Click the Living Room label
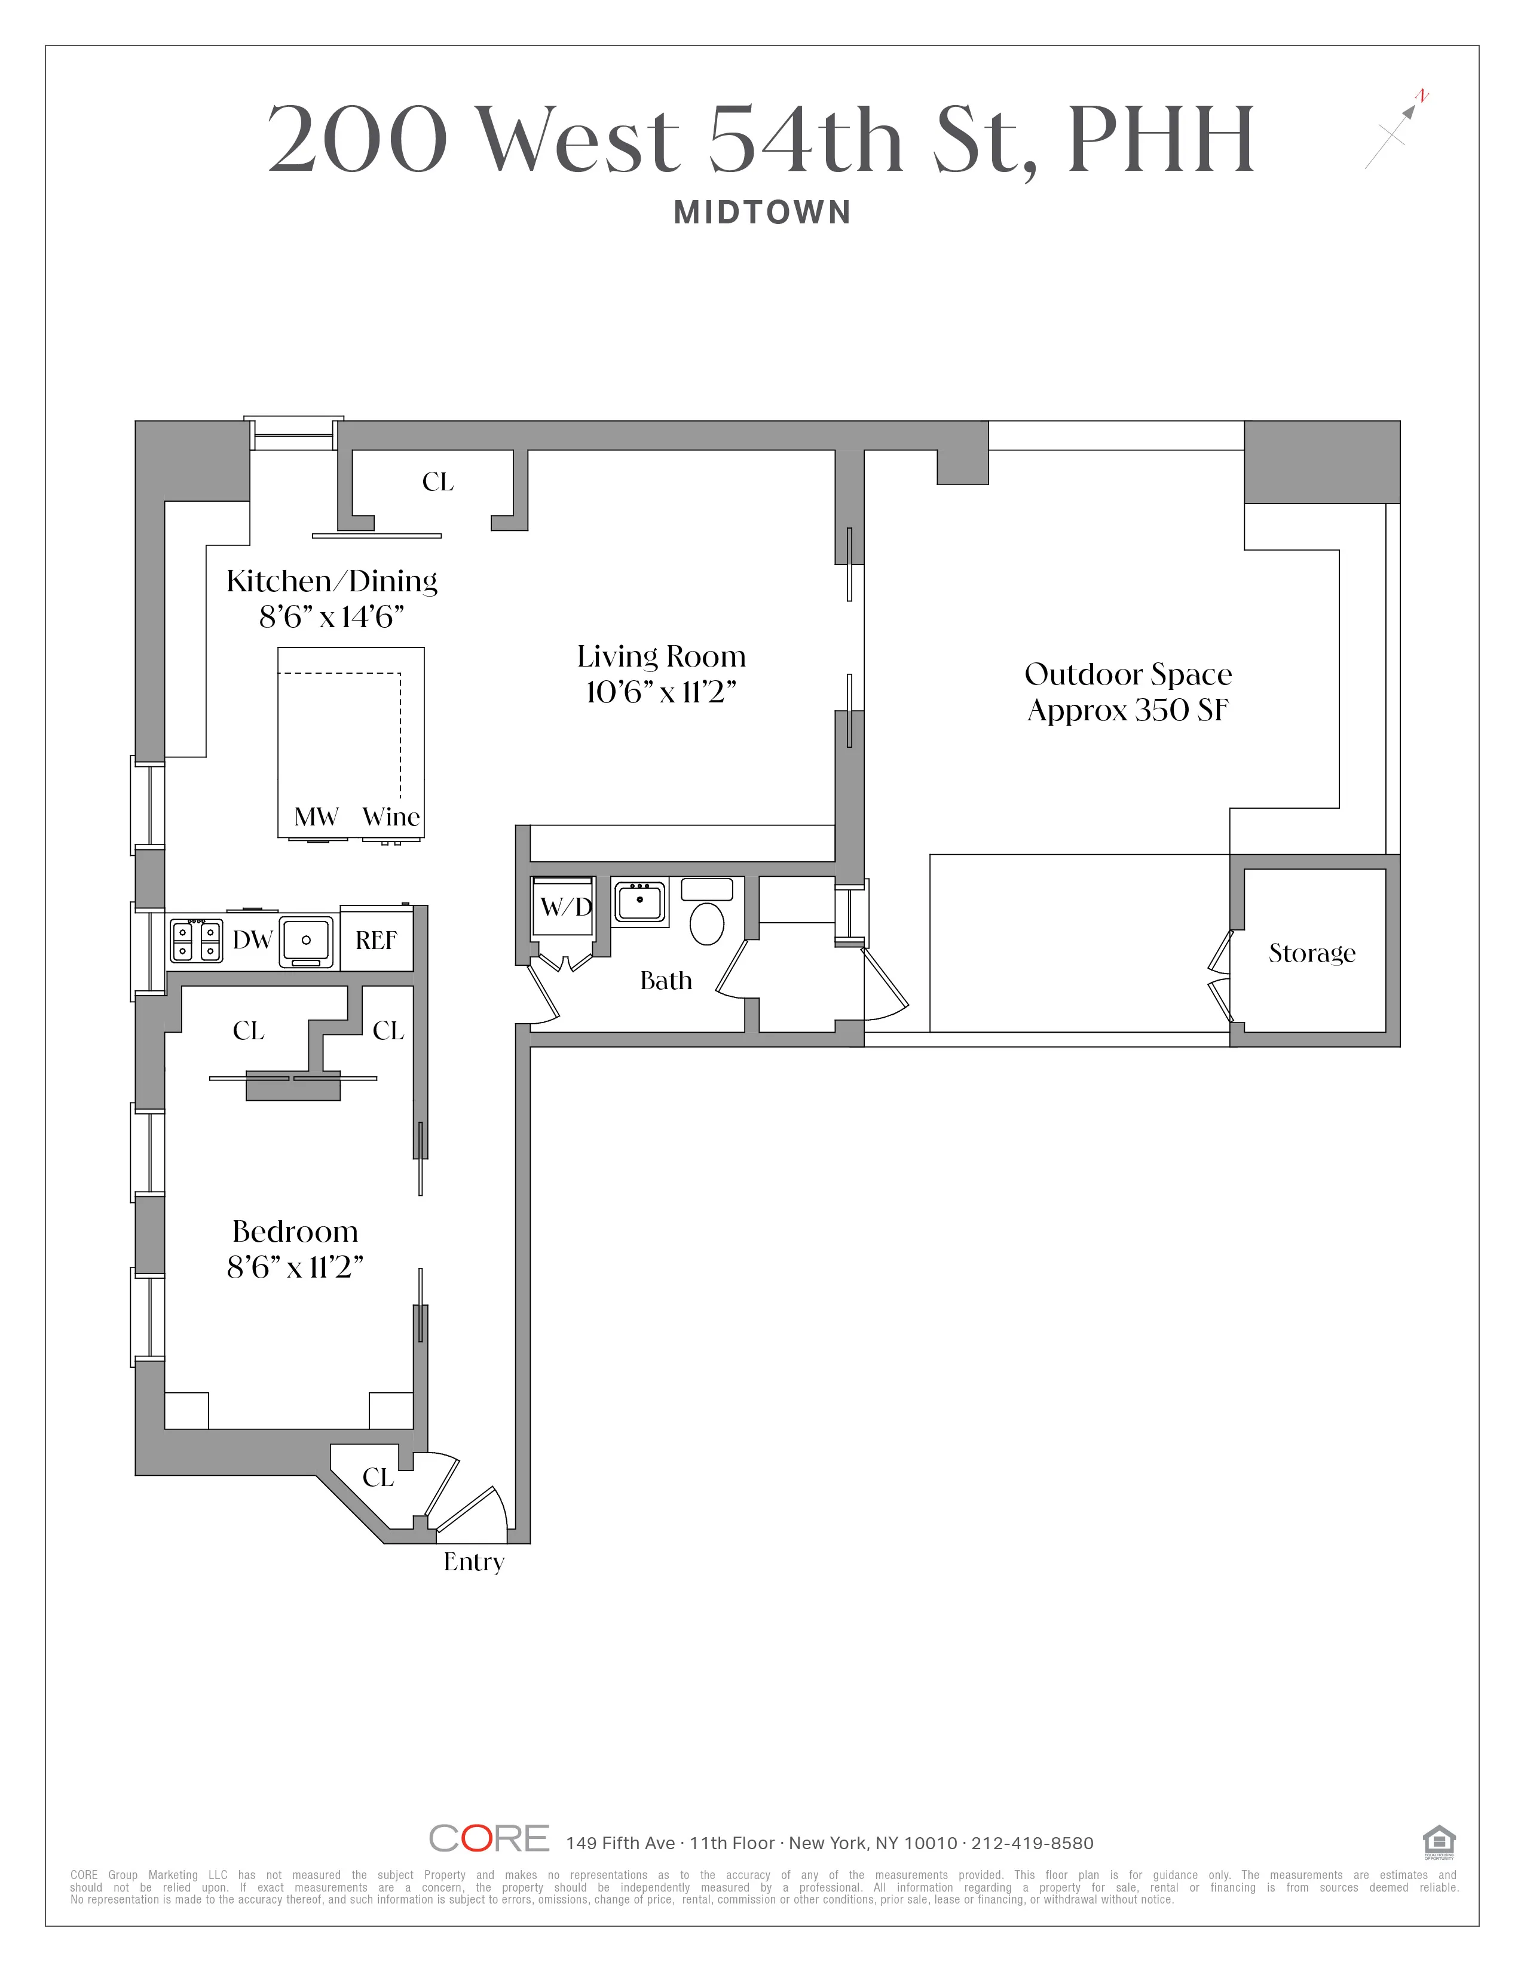tap(661, 656)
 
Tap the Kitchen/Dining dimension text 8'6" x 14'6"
tap(330, 618)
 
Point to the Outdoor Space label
tap(1128, 674)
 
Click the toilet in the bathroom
tap(707, 923)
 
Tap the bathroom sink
tap(639, 901)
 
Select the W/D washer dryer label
tap(565, 906)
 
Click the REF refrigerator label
tap(375, 940)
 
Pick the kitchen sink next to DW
tap(306, 940)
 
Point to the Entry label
tap(473, 1561)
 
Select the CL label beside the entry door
tap(378, 1477)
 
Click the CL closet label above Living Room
tap(438, 482)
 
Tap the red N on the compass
tap(1422, 95)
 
